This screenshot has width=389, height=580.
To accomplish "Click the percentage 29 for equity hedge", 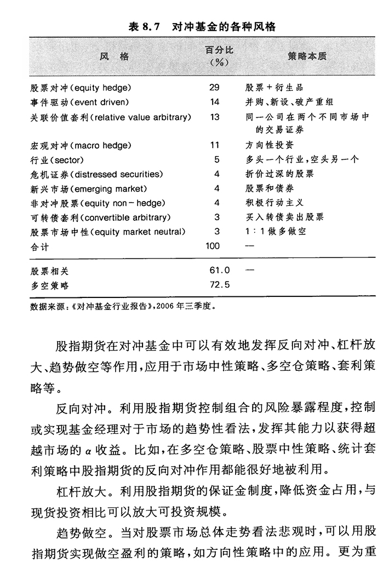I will pyautogui.click(x=214, y=87).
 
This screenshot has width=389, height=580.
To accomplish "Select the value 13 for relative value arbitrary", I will pyautogui.click(x=214, y=117).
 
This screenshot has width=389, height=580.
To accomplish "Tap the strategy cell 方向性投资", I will pyautogui.click(x=269, y=145).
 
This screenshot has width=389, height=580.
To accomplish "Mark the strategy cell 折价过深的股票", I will pyautogui.click(x=279, y=174).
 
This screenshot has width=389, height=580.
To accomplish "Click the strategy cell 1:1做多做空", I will pyautogui.click(x=276, y=232).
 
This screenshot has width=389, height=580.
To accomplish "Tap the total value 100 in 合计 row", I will pyautogui.click(x=213, y=246).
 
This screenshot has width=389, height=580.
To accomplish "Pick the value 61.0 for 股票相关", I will pyautogui.click(x=218, y=270).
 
